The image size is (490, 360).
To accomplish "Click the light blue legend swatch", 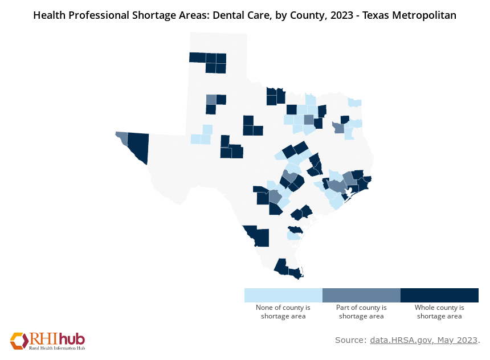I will coord(283,295).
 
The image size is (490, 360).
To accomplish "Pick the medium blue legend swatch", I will coord(361,295).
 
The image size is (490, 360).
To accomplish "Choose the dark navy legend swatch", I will coord(439,295).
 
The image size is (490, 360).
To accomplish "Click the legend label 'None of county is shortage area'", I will coord(283,312).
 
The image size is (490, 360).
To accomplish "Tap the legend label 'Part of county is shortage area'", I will coord(361,312).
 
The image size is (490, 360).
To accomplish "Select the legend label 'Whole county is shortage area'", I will coord(439,312).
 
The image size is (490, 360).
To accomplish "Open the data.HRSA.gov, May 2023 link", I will coord(424,340).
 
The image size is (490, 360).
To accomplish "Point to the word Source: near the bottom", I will coord(350,340).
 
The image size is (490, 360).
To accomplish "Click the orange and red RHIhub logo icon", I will coord(19,340).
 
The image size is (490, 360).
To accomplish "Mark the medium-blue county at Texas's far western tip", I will coord(122,137).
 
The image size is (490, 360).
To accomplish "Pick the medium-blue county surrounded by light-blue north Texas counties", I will coord(309,120).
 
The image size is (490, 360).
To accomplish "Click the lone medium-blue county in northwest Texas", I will coord(211,99).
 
